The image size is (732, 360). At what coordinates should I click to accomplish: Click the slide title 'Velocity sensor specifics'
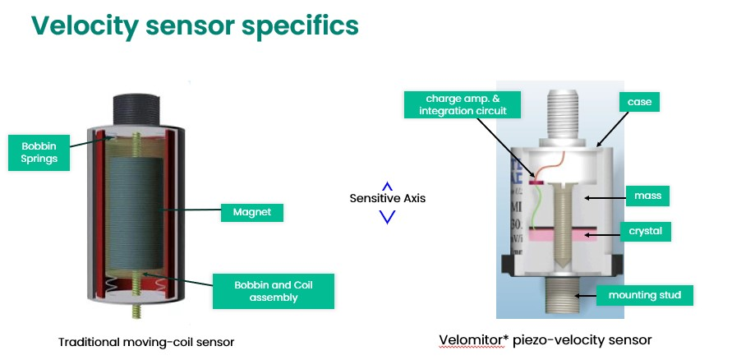coord(195,25)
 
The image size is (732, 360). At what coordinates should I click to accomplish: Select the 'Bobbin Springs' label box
coord(40,152)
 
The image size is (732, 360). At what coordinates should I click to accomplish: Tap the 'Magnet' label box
coord(252,213)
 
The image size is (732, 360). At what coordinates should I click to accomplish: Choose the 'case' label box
coord(640,103)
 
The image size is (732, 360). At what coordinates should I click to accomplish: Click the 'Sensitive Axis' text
coord(388,198)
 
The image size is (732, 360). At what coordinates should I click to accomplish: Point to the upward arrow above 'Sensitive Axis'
coord(388,186)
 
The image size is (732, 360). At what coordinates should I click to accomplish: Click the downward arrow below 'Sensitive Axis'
coord(388,217)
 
